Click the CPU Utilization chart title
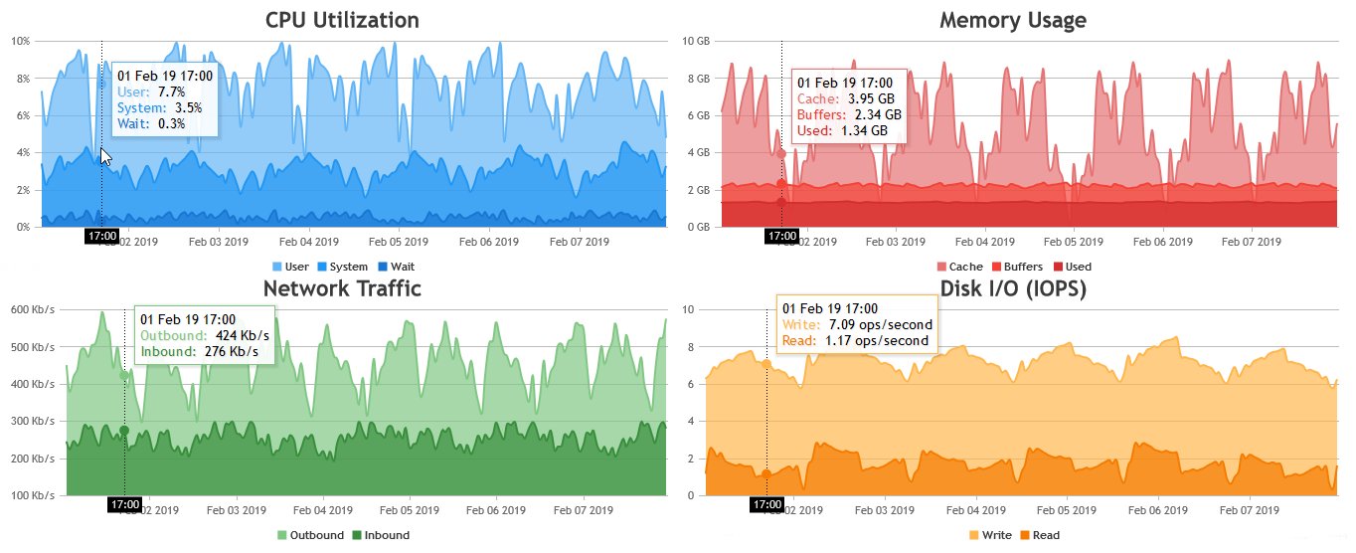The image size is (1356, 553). (x=342, y=20)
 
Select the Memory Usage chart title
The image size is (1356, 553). (x=1012, y=20)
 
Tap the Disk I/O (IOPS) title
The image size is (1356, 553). (x=1012, y=288)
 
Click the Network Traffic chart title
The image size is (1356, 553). (x=342, y=288)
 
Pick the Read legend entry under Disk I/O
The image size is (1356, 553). (x=1039, y=535)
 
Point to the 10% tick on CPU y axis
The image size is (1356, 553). (x=19, y=41)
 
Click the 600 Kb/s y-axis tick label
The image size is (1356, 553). (x=31, y=309)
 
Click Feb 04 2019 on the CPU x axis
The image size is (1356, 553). (x=309, y=242)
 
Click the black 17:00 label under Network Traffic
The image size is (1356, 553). (x=124, y=505)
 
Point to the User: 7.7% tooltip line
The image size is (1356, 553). (x=151, y=91)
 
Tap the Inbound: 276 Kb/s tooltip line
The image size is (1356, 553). (x=200, y=351)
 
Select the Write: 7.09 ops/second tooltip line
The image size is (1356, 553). (x=857, y=324)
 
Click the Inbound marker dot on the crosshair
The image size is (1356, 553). (x=124, y=430)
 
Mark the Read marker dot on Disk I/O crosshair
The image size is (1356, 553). (x=766, y=473)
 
